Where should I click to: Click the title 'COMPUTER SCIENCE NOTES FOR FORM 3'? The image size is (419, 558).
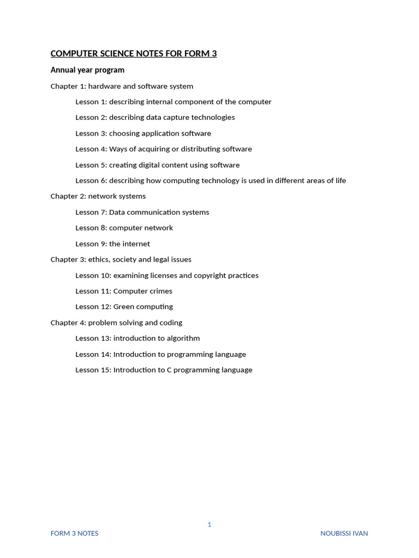(134, 53)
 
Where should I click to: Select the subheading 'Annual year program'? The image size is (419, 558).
(87, 70)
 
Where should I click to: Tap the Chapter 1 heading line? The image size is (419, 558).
(122, 86)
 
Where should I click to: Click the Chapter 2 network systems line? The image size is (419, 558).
(98, 196)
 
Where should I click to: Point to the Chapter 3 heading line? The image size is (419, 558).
(121, 259)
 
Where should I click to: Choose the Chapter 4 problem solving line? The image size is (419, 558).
(116, 323)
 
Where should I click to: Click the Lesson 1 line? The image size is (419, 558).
(173, 102)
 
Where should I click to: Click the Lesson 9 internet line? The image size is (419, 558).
(112, 244)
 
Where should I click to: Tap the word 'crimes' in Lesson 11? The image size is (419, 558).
(160, 291)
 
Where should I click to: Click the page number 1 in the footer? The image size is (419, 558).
(209, 524)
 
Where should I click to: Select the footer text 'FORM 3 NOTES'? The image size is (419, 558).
(74, 533)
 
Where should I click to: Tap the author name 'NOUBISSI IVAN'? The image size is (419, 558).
(344, 533)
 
